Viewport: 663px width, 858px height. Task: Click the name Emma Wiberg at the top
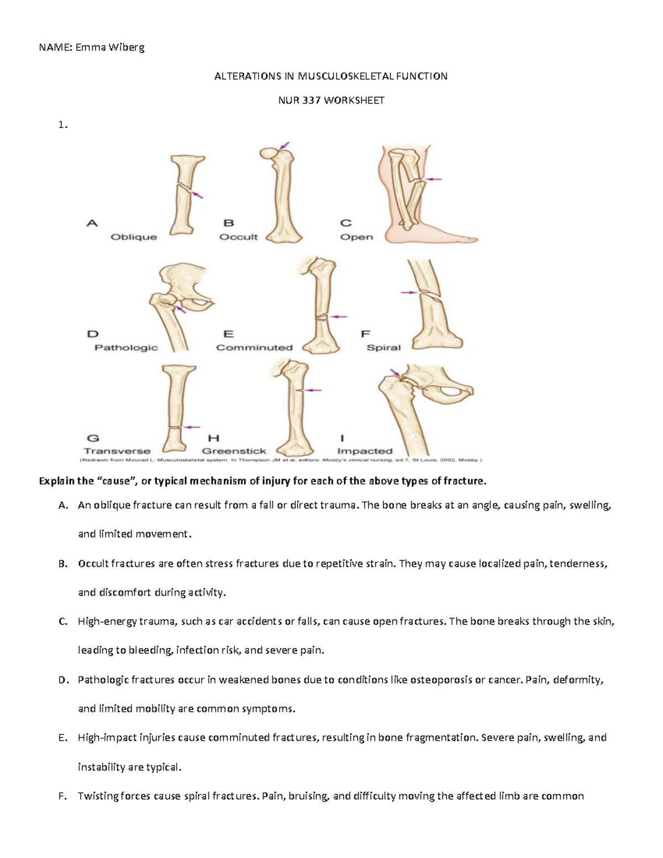tap(110, 48)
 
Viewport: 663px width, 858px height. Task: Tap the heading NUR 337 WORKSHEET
tap(331, 101)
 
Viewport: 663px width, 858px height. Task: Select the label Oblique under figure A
tap(134, 237)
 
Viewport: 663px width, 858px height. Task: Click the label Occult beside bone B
tap(239, 237)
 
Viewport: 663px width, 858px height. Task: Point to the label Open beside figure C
tap(356, 237)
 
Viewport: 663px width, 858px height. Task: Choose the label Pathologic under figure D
tap(126, 348)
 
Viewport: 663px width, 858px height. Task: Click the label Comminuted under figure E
tap(254, 348)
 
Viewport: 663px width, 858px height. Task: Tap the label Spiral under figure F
tap(383, 348)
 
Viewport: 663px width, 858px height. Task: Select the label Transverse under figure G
tap(117, 451)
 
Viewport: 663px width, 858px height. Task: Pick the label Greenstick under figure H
tap(234, 451)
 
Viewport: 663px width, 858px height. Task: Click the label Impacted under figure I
tap(365, 451)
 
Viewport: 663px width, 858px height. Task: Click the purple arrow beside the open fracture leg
tap(434, 179)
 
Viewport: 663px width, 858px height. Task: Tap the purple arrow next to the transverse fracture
tap(192, 427)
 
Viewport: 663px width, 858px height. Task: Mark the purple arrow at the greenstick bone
tap(313, 390)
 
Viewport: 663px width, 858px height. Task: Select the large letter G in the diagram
tap(93, 438)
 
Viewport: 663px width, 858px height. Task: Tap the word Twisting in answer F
tap(97, 796)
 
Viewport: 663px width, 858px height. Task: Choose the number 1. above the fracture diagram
tap(63, 125)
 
